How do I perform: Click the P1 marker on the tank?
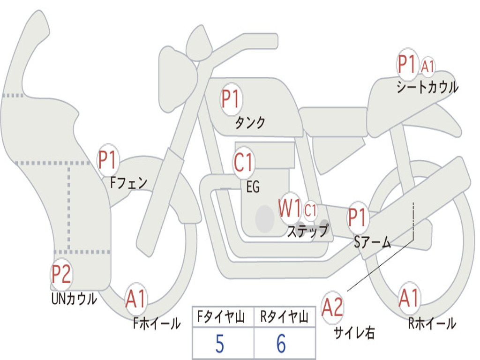pyautogui.click(x=232, y=99)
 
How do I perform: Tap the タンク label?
pyautogui.click(x=250, y=122)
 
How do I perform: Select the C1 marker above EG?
pyautogui.click(x=243, y=162)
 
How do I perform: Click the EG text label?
pyautogui.click(x=253, y=187)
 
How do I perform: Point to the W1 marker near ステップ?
pyautogui.click(x=289, y=208)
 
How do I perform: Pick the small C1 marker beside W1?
pyautogui.click(x=310, y=210)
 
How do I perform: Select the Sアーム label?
pyautogui.click(x=373, y=242)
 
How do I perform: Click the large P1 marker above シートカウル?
pyautogui.click(x=407, y=65)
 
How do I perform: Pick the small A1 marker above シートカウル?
pyautogui.click(x=427, y=66)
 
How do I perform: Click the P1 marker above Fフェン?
pyautogui.click(x=107, y=160)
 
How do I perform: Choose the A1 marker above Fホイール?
pyautogui.click(x=135, y=299)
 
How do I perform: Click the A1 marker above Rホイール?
pyautogui.click(x=409, y=298)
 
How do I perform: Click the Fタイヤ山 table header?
pyautogui.click(x=221, y=317)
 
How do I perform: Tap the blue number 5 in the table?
pyautogui.click(x=220, y=344)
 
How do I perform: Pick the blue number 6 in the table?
pyautogui.click(x=281, y=344)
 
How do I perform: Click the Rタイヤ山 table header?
pyautogui.click(x=284, y=317)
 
